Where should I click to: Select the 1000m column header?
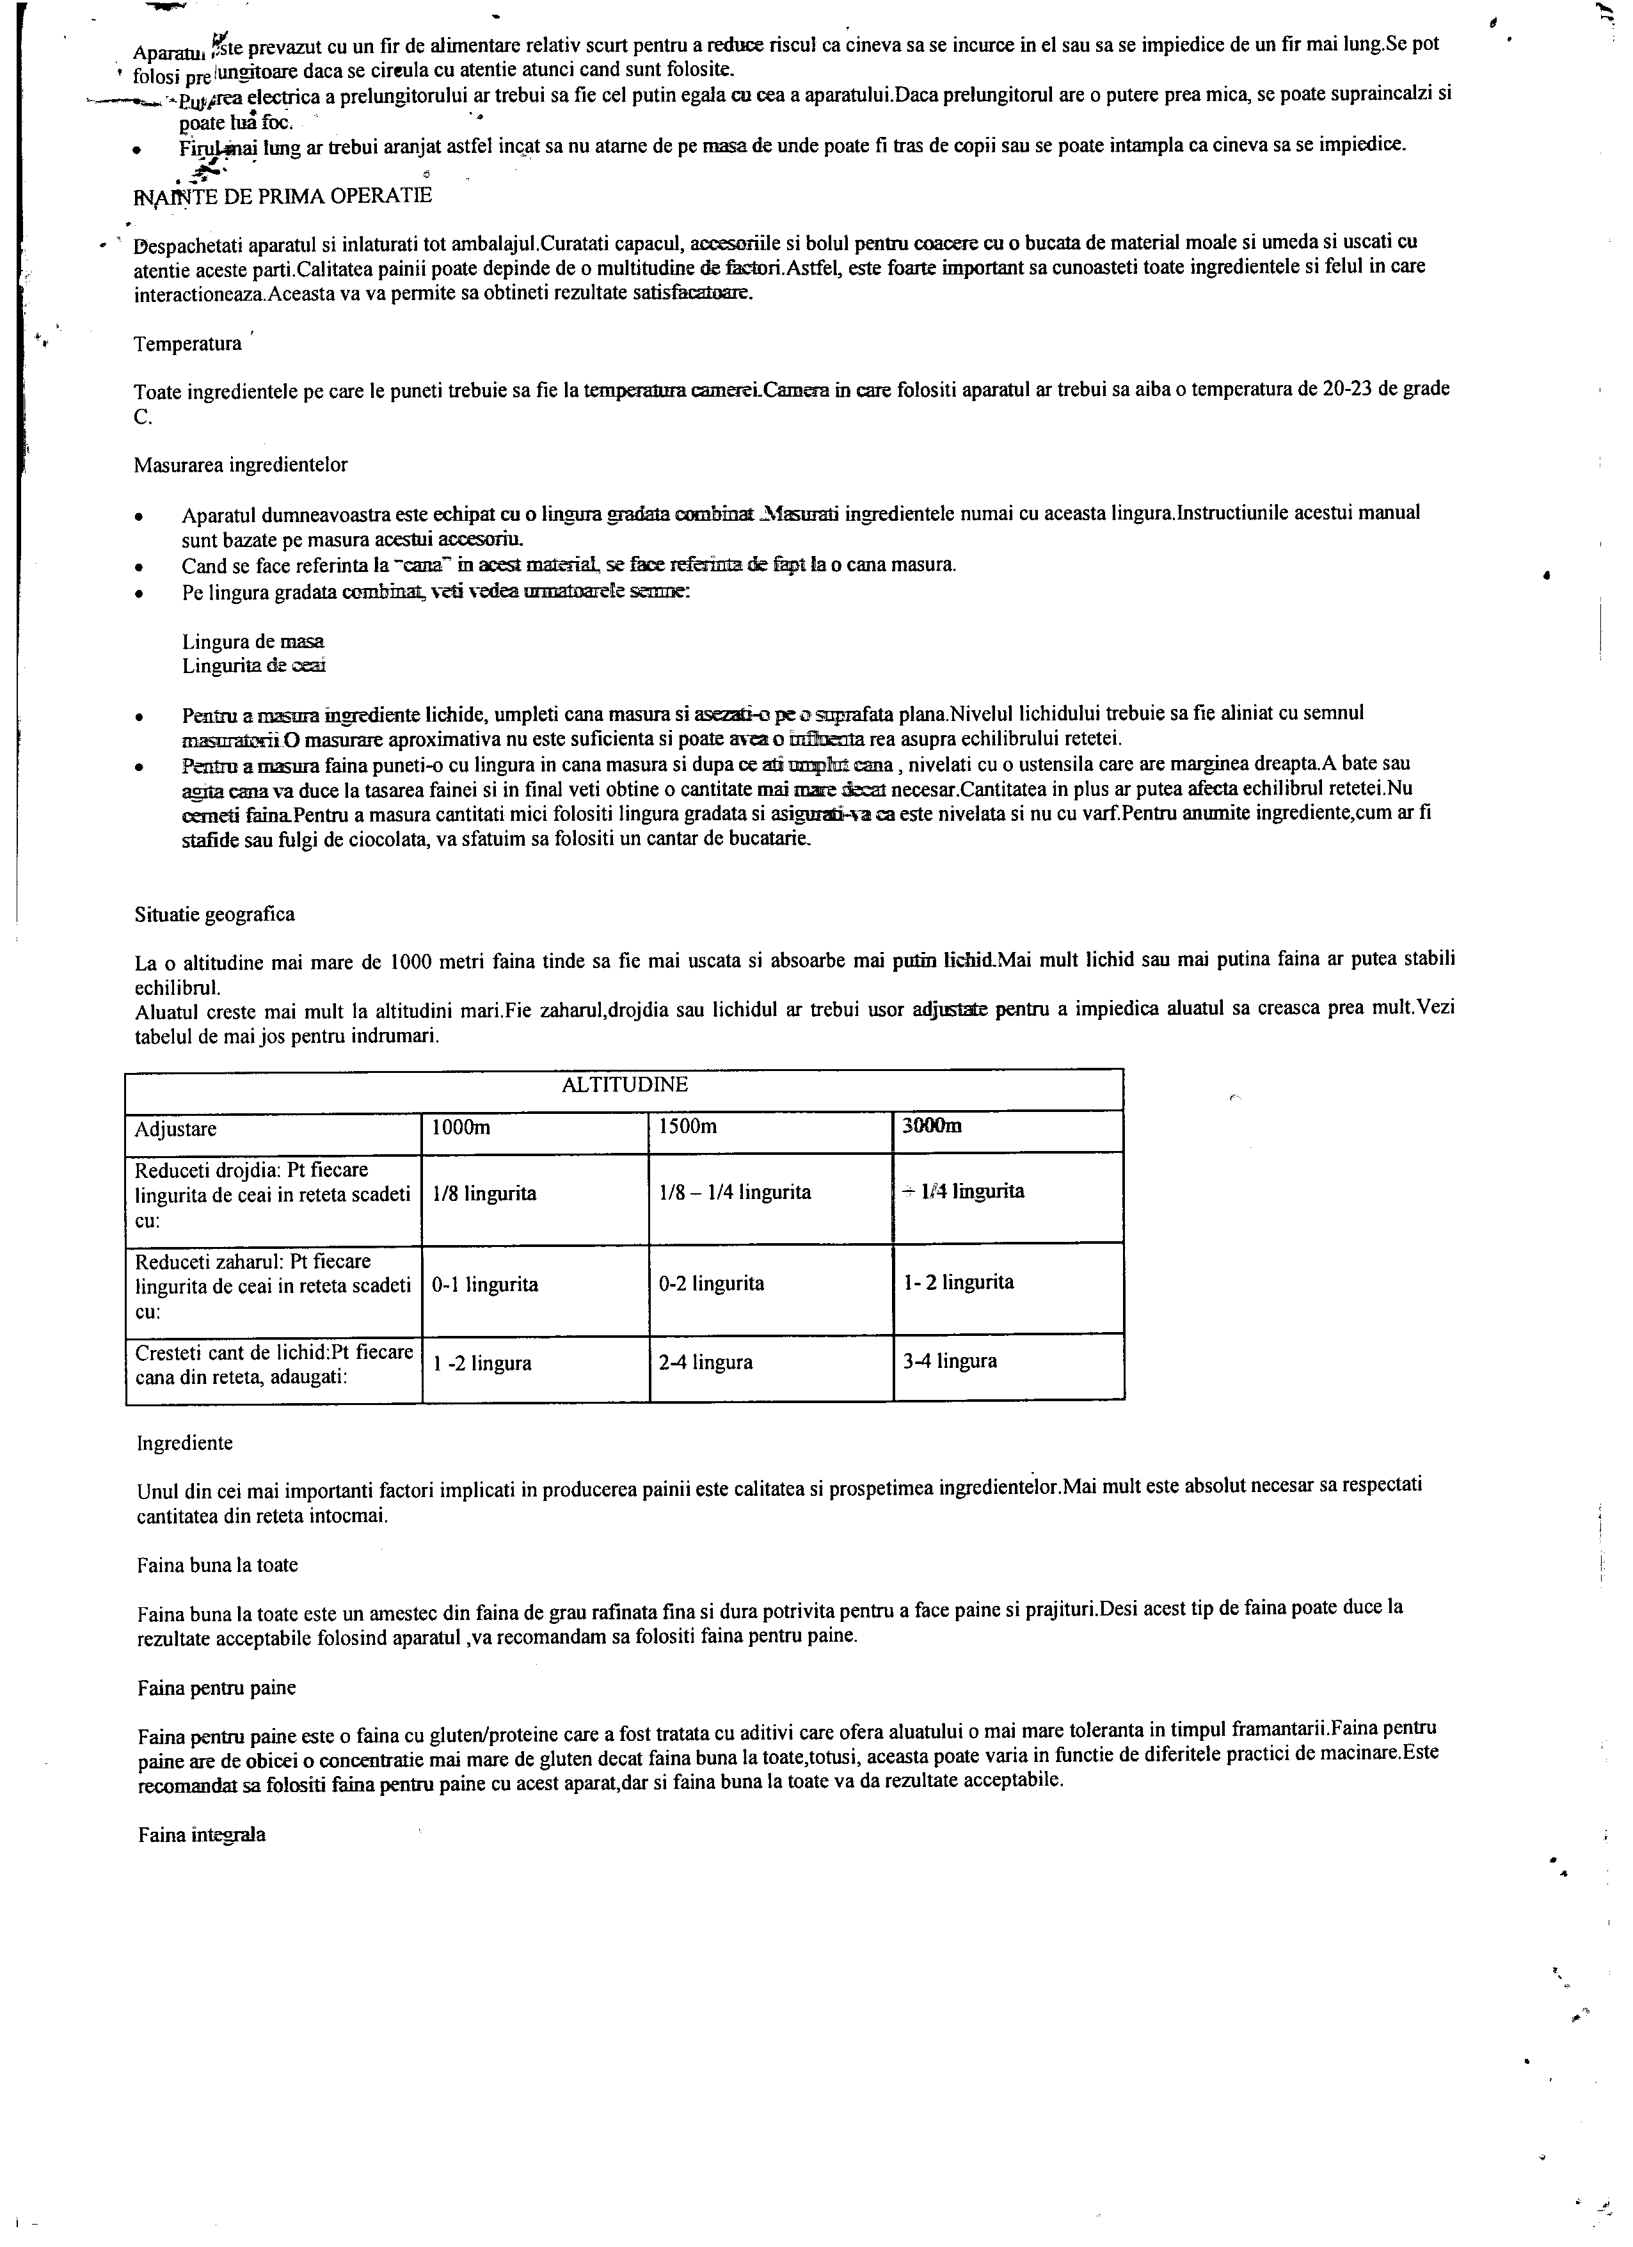[462, 1127]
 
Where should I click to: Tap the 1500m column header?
[688, 1127]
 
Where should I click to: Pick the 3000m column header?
[932, 1127]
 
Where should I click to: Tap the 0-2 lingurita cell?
[712, 1284]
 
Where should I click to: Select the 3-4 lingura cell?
[950, 1362]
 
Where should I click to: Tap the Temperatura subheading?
[188, 345]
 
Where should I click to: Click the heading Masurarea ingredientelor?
[241, 464]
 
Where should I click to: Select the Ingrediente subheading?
[186, 1443]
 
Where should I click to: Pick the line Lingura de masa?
[253, 642]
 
